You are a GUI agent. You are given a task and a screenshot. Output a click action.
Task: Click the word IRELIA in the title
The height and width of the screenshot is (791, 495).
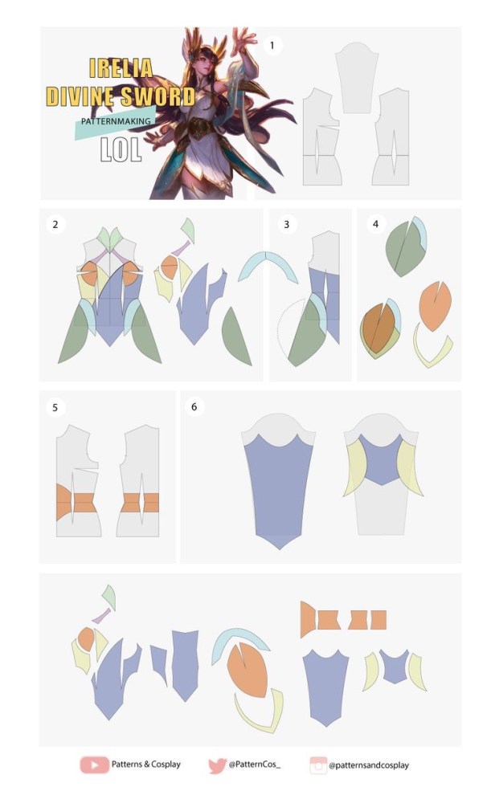point(121,67)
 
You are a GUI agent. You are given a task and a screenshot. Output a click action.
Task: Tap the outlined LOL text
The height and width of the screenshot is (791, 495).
point(120,149)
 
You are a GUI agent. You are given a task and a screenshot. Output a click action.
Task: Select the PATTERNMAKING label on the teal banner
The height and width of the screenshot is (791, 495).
point(116,121)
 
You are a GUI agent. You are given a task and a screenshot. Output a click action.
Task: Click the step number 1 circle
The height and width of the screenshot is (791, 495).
point(272,46)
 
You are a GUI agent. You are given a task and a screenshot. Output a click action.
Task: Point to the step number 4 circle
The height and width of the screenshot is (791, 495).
point(375,223)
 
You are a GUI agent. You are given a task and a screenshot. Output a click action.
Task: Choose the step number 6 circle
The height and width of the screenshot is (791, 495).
point(194,406)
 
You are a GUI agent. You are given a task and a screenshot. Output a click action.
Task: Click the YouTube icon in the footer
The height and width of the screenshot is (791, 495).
point(94,764)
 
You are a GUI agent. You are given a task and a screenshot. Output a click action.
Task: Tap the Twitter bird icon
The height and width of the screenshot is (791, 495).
point(217,765)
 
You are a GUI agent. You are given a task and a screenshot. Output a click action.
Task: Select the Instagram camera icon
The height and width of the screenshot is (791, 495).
point(318,765)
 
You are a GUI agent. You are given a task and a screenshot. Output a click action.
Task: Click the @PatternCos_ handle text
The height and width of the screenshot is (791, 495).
point(254,764)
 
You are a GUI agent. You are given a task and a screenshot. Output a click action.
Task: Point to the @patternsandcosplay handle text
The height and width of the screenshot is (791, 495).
point(369,765)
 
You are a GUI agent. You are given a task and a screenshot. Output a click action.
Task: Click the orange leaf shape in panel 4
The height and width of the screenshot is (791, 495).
point(435,305)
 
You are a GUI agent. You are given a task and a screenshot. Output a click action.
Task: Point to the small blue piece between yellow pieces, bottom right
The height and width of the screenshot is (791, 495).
point(394,666)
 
